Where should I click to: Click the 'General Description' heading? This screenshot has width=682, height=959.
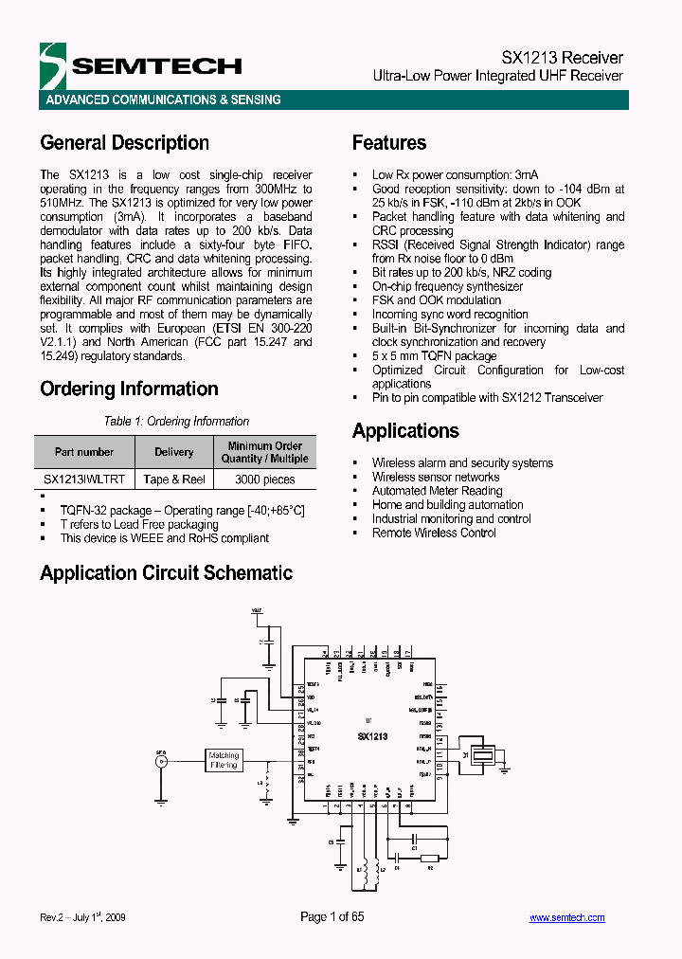pyautogui.click(x=124, y=143)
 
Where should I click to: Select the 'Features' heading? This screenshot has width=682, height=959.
pyautogui.click(x=389, y=143)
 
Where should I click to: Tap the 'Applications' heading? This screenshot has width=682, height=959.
pyautogui.click(x=405, y=431)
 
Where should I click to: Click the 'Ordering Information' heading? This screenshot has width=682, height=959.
pyautogui.click(x=129, y=389)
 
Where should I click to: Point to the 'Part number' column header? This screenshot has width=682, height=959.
pyautogui.click(x=84, y=452)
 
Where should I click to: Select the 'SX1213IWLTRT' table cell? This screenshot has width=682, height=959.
pyautogui.click(x=84, y=479)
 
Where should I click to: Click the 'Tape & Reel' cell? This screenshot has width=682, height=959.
pyautogui.click(x=174, y=479)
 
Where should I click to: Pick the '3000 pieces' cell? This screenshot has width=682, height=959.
pyautogui.click(x=265, y=479)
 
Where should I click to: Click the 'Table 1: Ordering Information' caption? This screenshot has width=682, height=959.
pyautogui.click(x=176, y=422)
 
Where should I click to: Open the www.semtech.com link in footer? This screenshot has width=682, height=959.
pyautogui.click(x=566, y=917)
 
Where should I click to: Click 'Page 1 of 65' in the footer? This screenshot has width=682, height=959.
pyautogui.click(x=332, y=916)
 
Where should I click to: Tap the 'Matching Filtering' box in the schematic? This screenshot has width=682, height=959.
pyautogui.click(x=224, y=760)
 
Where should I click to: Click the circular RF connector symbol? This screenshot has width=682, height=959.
pyautogui.click(x=161, y=760)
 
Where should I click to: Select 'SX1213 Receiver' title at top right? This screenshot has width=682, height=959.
pyautogui.click(x=562, y=58)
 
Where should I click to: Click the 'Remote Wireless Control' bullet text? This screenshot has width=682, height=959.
pyautogui.click(x=434, y=533)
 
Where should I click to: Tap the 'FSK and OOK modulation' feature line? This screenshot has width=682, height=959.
pyautogui.click(x=437, y=300)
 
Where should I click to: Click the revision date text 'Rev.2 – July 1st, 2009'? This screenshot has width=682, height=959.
pyautogui.click(x=83, y=917)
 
